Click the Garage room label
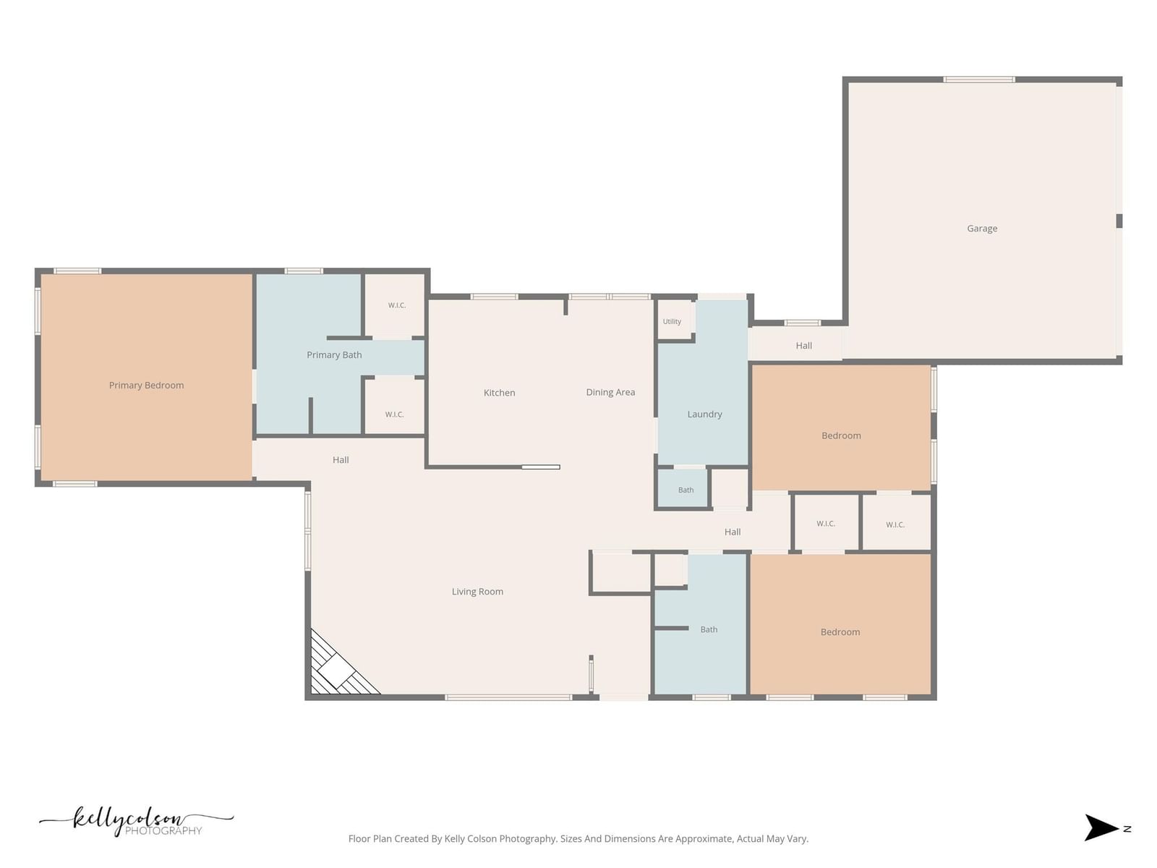click(x=981, y=228)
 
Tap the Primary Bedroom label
click(x=147, y=386)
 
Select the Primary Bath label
click(x=334, y=354)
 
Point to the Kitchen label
click(x=499, y=393)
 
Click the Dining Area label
click(x=610, y=392)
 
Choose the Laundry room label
click(x=704, y=414)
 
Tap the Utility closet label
click(x=672, y=321)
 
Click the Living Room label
click(x=477, y=591)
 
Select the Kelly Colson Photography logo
click(x=136, y=821)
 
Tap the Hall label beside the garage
click(x=803, y=346)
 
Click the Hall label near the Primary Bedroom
click(x=341, y=460)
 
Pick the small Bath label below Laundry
click(x=686, y=490)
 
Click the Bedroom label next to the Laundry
click(x=841, y=436)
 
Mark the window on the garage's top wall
click(x=979, y=80)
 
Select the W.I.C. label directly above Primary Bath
click(x=396, y=306)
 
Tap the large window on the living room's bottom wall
click(x=508, y=698)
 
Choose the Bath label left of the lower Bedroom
click(x=709, y=629)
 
